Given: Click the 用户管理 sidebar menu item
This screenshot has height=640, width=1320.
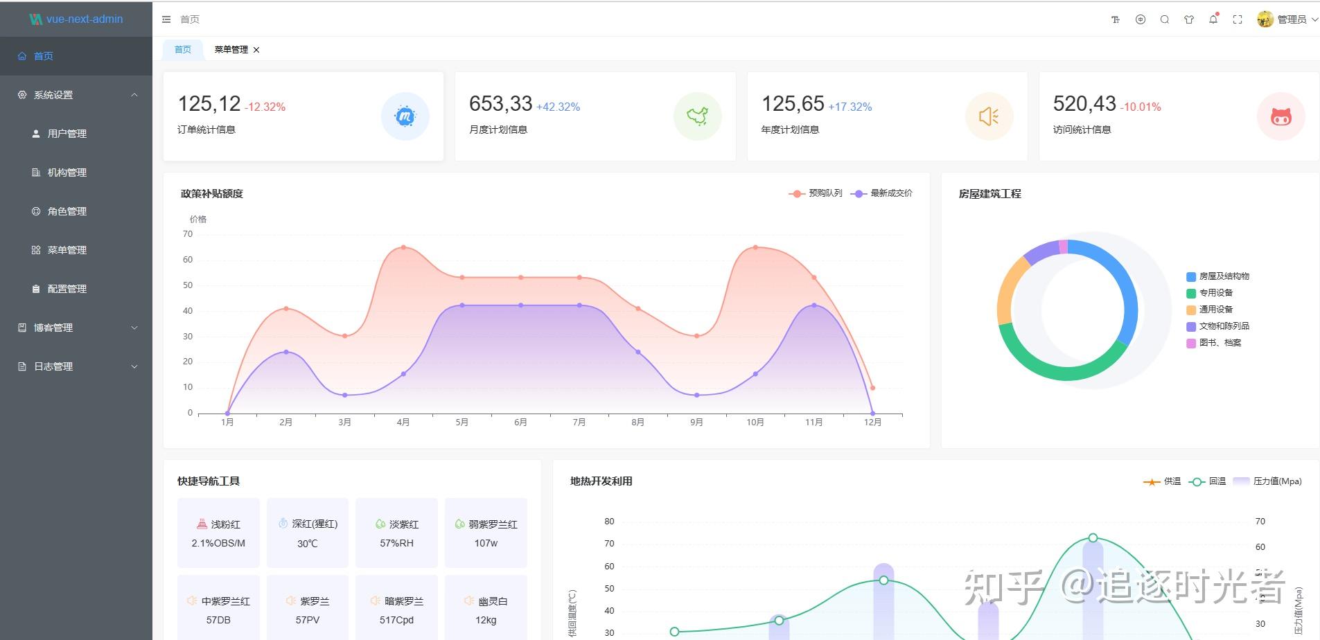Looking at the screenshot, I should pos(67,134).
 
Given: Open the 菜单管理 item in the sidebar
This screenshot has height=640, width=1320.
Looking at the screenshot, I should pos(67,250).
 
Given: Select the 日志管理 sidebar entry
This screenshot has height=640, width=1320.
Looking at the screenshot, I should pos(53,366).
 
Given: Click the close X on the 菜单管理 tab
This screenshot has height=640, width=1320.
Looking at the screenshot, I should pos(256,50).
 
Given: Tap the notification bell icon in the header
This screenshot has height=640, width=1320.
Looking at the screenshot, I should pos(1213,19).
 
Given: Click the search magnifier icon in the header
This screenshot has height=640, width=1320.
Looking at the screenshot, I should pos(1165,19).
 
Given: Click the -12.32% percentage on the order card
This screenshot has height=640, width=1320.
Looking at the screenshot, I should pos(265,107).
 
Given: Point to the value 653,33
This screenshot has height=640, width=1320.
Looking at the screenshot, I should pos(500,104).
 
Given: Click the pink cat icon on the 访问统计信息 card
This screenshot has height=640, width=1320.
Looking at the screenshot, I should pos(1281,116).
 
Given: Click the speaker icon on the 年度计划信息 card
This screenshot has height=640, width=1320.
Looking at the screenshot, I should pos(989,116).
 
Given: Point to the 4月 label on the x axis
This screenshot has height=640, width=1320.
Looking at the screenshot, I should pos(403,423).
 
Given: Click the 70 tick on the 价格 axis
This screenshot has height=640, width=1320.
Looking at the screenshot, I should pos(188,234).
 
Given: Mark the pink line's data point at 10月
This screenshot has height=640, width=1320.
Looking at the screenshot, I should pos(755,247).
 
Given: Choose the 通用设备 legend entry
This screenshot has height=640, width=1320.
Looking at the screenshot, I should pos(1216,310).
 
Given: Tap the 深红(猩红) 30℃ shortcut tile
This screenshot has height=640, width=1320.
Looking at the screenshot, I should pos(308,533).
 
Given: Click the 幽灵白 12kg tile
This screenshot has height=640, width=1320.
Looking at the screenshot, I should pos(486,610).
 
